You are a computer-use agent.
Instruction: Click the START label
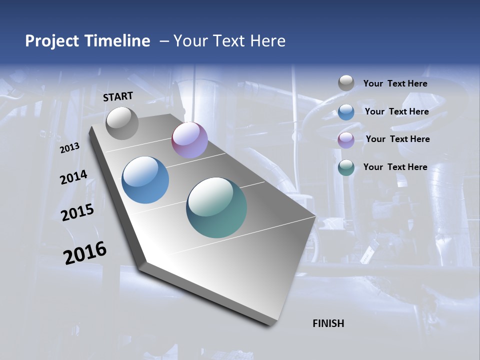point(118,96)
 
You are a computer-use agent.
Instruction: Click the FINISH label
point(328,323)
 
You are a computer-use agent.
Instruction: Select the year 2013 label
point(69,147)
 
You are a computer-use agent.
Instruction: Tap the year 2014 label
point(73,177)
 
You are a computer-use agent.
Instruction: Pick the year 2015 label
point(77,212)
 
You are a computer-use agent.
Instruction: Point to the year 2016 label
point(85,252)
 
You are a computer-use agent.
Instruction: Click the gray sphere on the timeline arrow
point(122,123)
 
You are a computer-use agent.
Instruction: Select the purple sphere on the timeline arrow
point(189,140)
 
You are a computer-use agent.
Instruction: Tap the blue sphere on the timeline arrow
point(145,180)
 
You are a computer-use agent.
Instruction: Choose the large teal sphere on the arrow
point(216,207)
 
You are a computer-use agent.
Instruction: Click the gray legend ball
point(346,83)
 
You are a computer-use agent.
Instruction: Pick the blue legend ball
point(346,112)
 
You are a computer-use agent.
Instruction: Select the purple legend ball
point(346,140)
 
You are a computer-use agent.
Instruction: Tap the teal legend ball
point(346,168)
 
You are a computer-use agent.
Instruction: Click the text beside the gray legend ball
point(395,83)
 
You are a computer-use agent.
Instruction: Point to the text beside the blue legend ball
point(396,111)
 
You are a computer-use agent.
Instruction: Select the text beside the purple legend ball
point(397,139)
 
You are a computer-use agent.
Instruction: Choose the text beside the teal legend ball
point(395,167)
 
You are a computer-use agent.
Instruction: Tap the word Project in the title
point(49,41)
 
